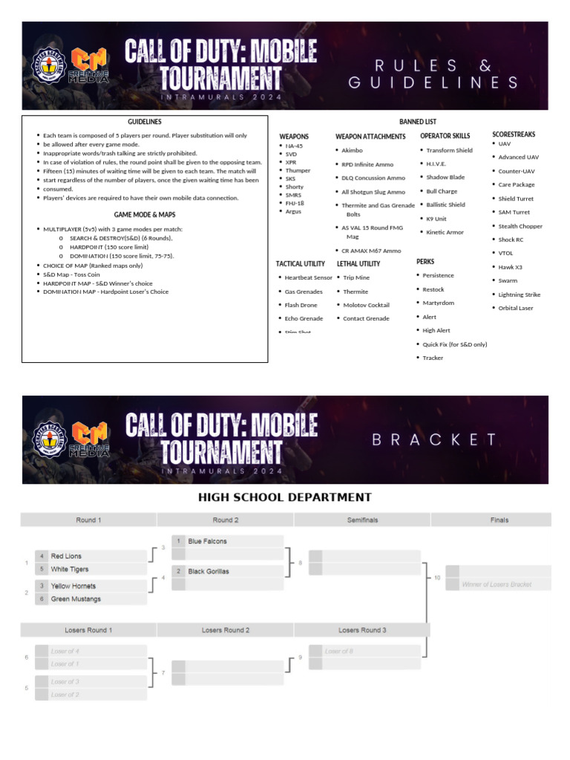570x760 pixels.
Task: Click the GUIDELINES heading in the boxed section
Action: (x=145, y=122)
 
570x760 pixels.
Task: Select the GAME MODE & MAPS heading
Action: (x=145, y=214)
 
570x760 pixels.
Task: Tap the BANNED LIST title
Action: (x=418, y=122)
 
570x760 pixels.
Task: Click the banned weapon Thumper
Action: (x=298, y=171)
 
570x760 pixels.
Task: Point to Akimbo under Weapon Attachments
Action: (x=352, y=150)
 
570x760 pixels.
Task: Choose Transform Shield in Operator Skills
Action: (x=449, y=150)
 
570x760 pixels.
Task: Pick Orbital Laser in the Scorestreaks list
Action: (x=515, y=308)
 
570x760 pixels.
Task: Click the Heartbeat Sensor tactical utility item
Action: (x=308, y=278)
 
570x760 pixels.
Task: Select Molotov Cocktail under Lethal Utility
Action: (x=366, y=305)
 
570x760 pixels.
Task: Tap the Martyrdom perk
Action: (x=438, y=303)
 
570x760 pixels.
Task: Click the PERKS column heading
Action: (x=425, y=262)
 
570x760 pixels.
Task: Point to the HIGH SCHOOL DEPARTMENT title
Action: (x=285, y=497)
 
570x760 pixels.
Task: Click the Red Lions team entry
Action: (x=66, y=556)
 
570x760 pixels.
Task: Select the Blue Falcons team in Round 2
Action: (x=207, y=542)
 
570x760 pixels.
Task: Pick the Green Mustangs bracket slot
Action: (x=76, y=599)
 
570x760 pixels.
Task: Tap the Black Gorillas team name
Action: (x=209, y=571)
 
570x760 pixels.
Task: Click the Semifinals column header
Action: (x=362, y=520)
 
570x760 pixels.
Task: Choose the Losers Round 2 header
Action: (x=226, y=630)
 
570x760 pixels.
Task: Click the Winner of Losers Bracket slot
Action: (x=497, y=585)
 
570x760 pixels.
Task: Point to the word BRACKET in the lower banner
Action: (x=435, y=439)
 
